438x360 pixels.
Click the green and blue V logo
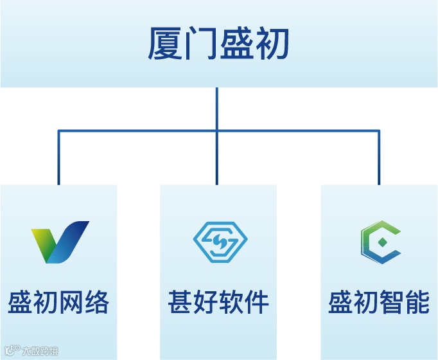pos(60,242)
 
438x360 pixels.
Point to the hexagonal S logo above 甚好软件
pos(218,242)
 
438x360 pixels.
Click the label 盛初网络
pos(58,302)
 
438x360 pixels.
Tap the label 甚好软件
pos(218,302)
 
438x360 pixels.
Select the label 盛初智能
pos(379,302)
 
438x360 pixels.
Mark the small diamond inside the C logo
pos(381,243)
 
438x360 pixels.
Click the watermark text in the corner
pos(31,352)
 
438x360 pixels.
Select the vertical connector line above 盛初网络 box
pos(58,157)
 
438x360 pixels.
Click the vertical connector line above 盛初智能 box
pos(379,157)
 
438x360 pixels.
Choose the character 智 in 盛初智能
pos(392,302)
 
